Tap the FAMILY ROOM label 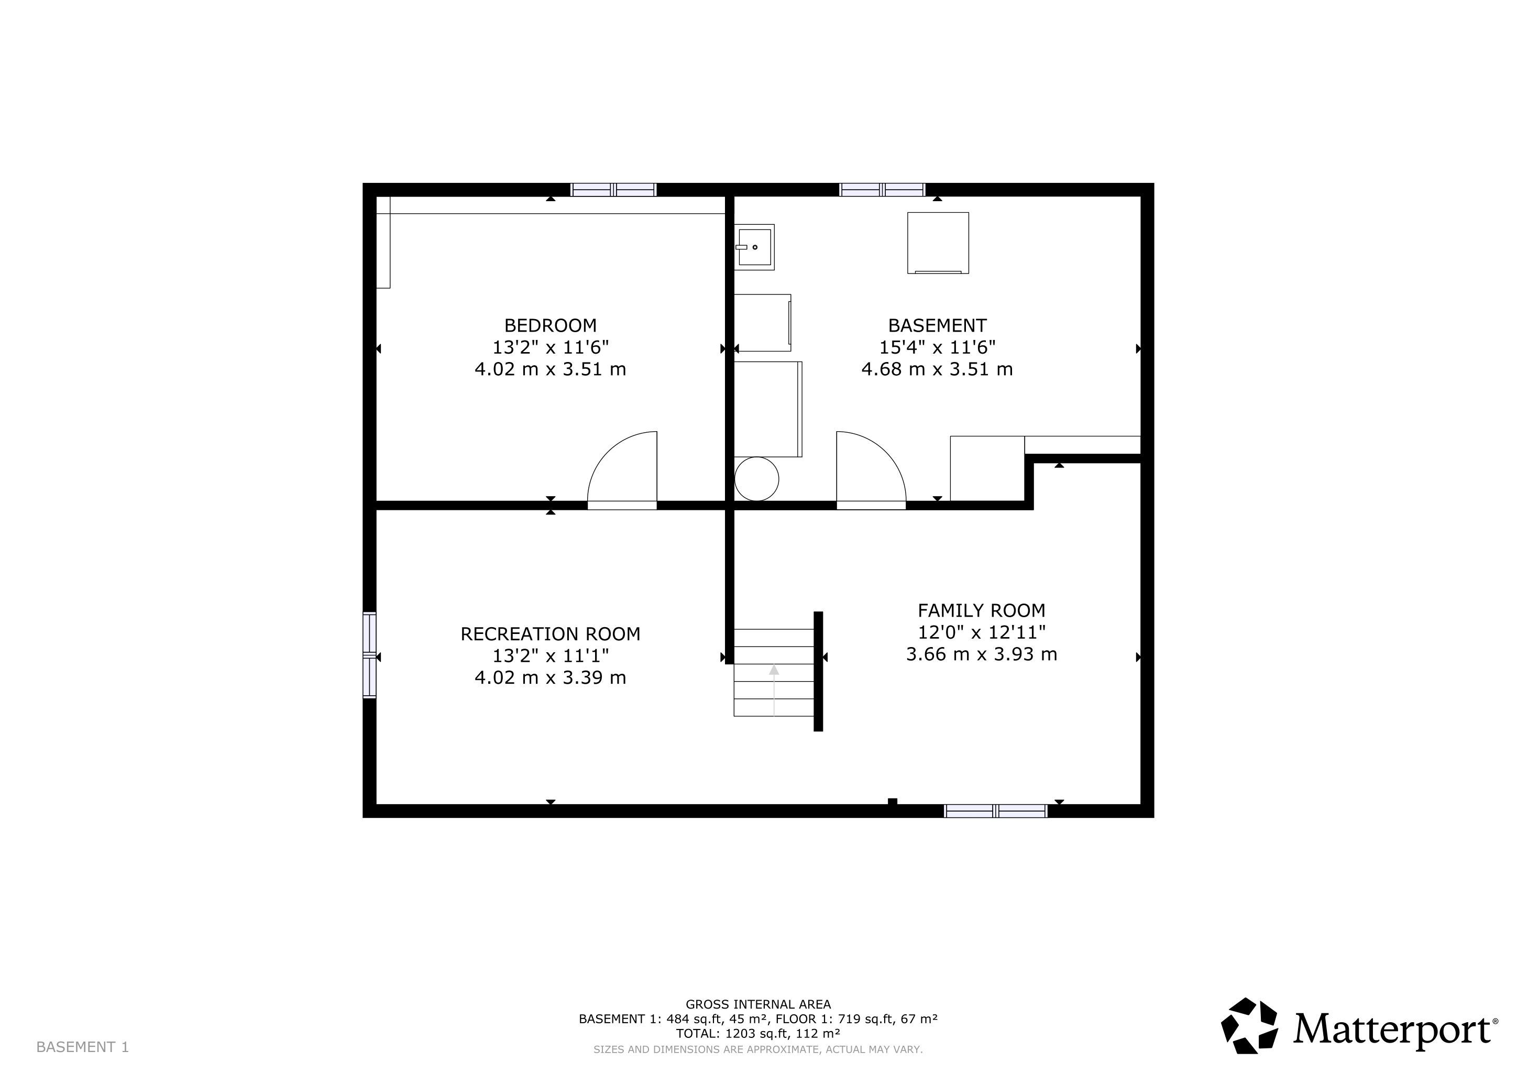point(981,610)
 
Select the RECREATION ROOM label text point(551,634)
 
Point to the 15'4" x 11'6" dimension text point(937,347)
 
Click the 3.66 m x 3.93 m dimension point(981,654)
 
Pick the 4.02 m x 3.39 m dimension point(551,678)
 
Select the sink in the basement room point(754,247)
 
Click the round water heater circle point(756,479)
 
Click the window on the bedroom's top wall point(613,190)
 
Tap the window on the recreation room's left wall point(369,655)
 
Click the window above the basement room point(882,190)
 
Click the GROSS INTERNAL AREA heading point(758,1005)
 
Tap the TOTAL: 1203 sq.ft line point(758,1033)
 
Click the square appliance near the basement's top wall point(938,243)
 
